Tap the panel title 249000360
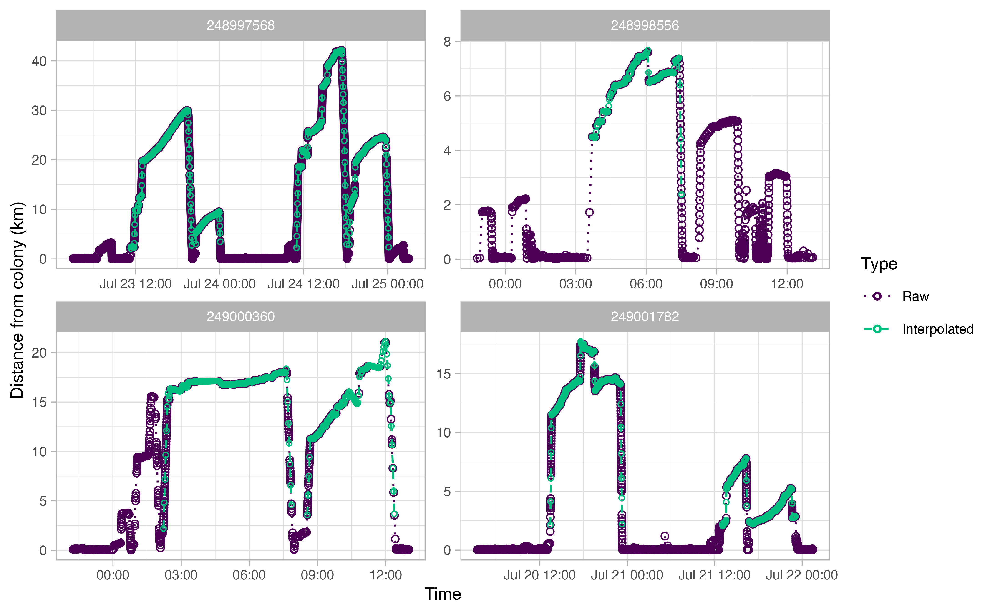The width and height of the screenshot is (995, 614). click(241, 317)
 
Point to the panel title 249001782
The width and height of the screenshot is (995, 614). click(645, 317)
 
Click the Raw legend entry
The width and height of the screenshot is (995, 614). click(915, 296)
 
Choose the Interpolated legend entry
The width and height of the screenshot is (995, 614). click(938, 329)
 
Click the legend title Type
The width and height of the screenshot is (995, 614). click(879, 264)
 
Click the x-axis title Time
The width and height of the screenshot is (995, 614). click(443, 594)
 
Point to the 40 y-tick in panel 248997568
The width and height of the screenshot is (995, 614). click(39, 61)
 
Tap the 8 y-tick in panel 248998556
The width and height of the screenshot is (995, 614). click(447, 42)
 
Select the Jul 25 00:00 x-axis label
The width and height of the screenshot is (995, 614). click(387, 284)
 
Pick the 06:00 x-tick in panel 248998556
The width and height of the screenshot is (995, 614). click(646, 284)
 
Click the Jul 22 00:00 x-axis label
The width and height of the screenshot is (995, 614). click(801, 575)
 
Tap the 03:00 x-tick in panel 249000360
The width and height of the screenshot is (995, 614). click(181, 575)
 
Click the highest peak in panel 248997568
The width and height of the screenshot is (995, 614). click(341, 51)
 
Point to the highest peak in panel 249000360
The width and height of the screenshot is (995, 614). click(385, 342)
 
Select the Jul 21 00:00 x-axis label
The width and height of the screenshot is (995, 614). click(627, 575)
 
